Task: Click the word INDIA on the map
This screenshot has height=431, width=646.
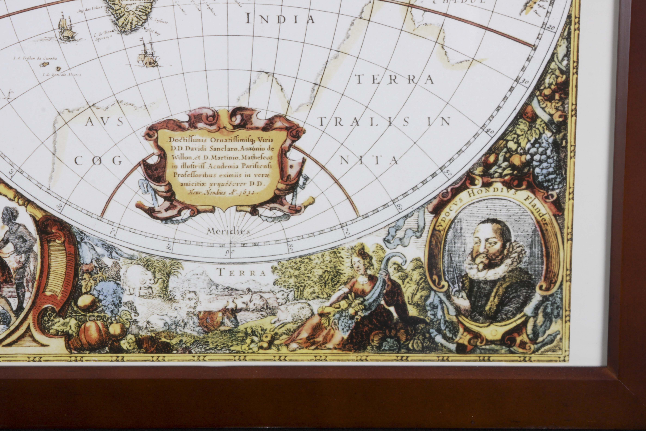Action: click(x=280, y=19)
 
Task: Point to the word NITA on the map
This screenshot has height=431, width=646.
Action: click(x=369, y=160)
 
